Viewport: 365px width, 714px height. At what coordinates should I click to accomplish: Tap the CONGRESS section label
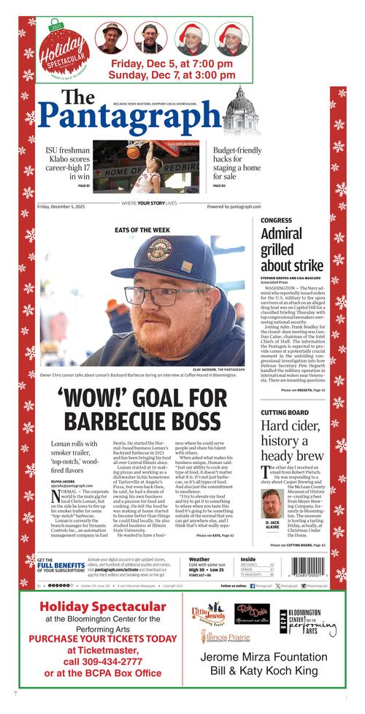276,219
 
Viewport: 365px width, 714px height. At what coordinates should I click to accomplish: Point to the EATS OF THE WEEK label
142,229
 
